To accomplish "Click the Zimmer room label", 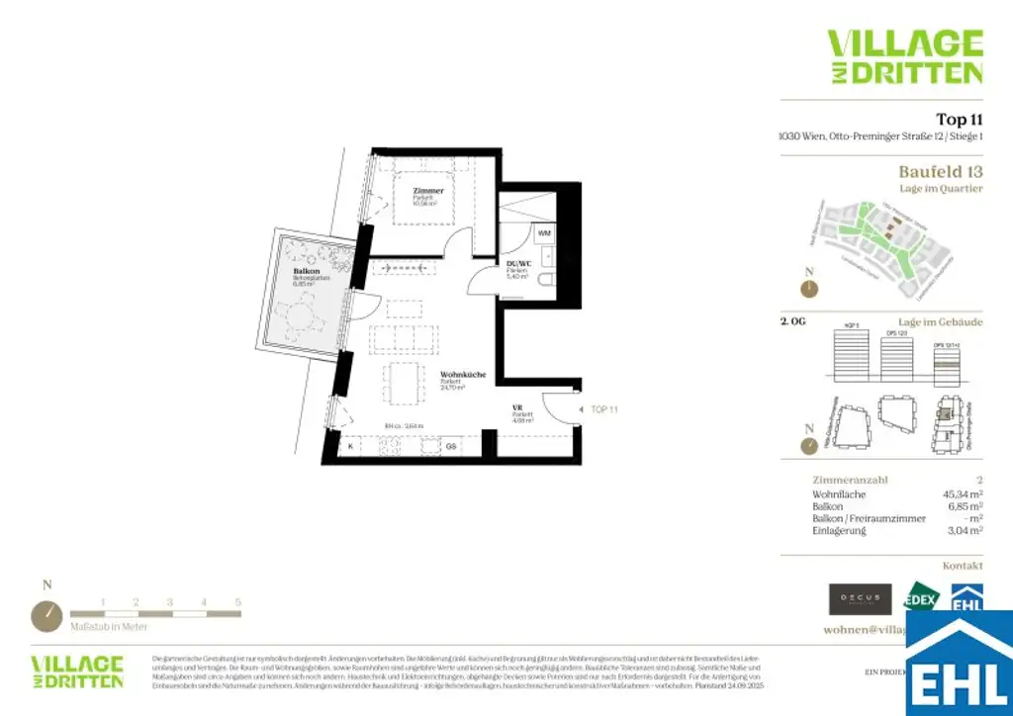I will [x=428, y=190].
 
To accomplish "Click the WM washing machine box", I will [x=544, y=232].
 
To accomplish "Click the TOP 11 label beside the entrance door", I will [x=604, y=408].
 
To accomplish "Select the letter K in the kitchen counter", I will [x=350, y=447].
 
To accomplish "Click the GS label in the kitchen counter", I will [x=450, y=447].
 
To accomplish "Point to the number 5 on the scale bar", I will [x=237, y=601].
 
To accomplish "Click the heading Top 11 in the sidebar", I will [x=959, y=120].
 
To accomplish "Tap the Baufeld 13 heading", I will [x=940, y=171].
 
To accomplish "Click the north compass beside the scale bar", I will [x=46, y=615].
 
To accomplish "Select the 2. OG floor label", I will [x=794, y=322].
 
